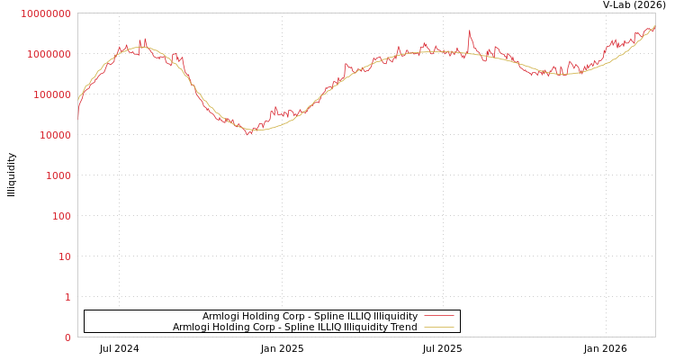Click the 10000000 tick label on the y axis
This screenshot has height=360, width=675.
[x=46, y=13]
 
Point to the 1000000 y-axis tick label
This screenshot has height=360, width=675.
[x=49, y=54]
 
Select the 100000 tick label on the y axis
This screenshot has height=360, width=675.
[x=51, y=94]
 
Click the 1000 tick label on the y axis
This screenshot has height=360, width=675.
[x=58, y=175]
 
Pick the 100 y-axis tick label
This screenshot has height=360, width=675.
[x=60, y=216]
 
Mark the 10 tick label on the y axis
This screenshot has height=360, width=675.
[x=64, y=256]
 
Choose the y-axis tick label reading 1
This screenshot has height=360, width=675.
[x=67, y=297]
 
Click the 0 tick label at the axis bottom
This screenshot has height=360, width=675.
[x=67, y=337]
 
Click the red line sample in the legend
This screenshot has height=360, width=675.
[x=438, y=317]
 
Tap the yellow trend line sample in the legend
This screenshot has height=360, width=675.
[x=438, y=328]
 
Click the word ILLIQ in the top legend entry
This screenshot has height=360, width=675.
[x=358, y=317]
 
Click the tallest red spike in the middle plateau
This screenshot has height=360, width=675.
[x=469, y=31]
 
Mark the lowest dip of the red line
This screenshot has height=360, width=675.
[x=248, y=134]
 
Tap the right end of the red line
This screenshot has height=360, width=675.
[x=654, y=27]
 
